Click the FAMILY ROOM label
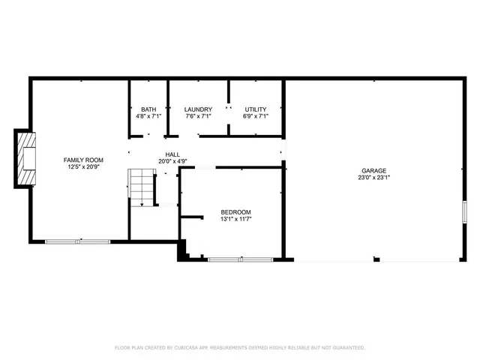(83, 160)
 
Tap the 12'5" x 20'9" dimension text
(83, 166)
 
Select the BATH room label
(148, 109)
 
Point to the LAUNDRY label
(198, 109)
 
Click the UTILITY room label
(256, 109)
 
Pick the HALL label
(172, 154)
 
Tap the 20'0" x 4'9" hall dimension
(172, 161)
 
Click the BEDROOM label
(235, 212)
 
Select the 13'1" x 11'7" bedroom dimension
(235, 219)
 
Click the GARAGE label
(373, 171)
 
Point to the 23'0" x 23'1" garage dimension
(373, 178)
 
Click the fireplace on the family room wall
(27, 159)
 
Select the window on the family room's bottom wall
(77, 241)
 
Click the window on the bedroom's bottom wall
(241, 259)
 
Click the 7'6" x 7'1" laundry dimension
(198, 116)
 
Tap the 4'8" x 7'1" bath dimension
(148, 116)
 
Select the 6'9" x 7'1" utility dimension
(256, 116)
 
